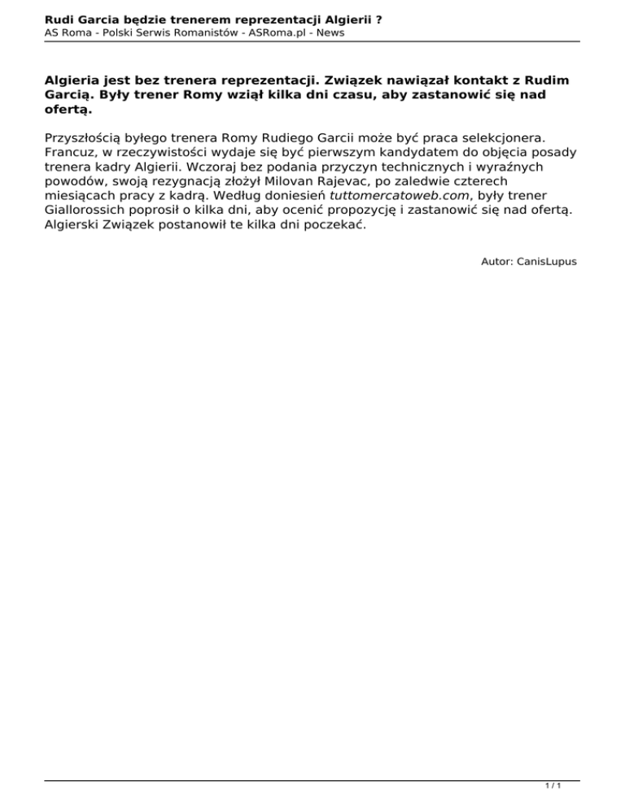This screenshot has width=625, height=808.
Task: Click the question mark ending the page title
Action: pyautogui.click(x=380, y=16)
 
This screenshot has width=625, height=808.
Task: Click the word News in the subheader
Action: pyautogui.click(x=330, y=32)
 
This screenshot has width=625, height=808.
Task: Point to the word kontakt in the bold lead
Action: pyautogui.click(x=431, y=81)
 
